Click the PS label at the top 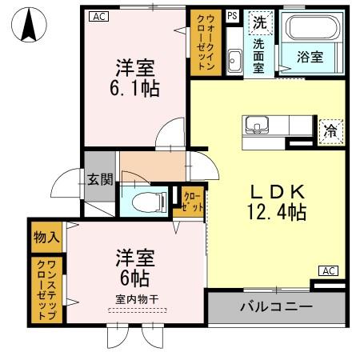click(x=232, y=16)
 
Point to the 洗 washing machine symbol click(x=259, y=23)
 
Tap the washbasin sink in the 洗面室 click(x=234, y=58)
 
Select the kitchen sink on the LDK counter click(x=257, y=126)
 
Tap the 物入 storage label click(x=46, y=238)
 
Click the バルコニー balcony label click(x=276, y=307)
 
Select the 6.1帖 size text click(x=134, y=86)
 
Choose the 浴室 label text click(x=310, y=58)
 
